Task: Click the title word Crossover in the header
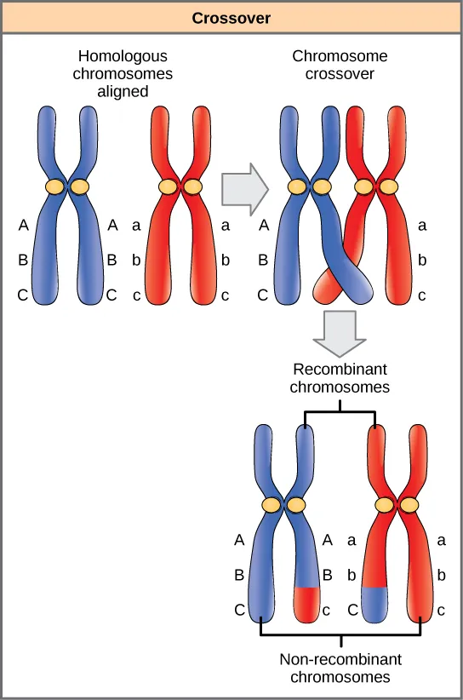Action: tap(231, 16)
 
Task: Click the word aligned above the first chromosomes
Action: tap(125, 90)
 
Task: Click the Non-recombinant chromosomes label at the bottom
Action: tap(340, 668)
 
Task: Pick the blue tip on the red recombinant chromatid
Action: tap(375, 603)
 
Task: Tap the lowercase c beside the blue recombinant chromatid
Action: tap(327, 610)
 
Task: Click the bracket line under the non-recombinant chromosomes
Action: tap(340, 635)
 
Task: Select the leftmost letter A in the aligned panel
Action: tap(23, 226)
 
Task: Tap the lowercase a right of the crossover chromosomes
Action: tap(423, 226)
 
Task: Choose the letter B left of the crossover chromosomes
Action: tap(263, 261)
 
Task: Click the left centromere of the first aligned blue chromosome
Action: tap(54, 186)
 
